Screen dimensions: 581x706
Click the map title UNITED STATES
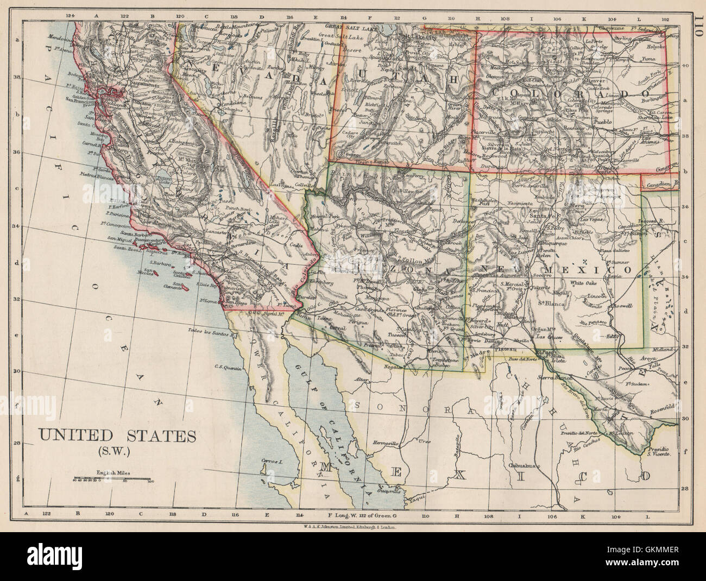(x=118, y=435)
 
